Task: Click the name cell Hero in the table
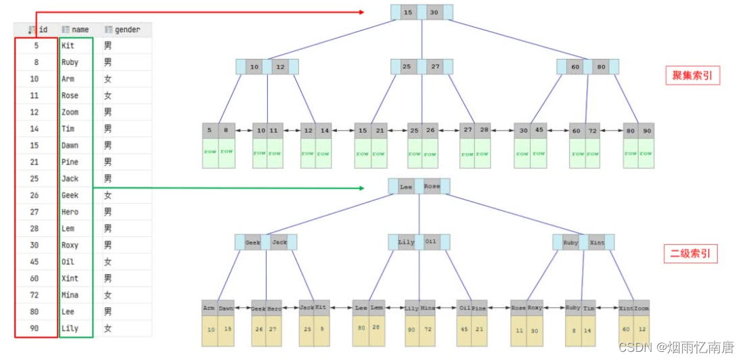pyautogui.click(x=70, y=212)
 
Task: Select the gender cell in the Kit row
pyautogui.click(x=108, y=46)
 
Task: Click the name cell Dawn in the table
pyautogui.click(x=70, y=145)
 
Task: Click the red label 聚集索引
pyautogui.click(x=692, y=75)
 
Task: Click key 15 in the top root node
pyautogui.click(x=408, y=13)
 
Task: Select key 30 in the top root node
pyautogui.click(x=434, y=13)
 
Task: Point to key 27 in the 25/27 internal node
pyautogui.click(x=435, y=67)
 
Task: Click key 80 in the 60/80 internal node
pyautogui.click(x=602, y=67)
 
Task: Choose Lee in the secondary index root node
pyautogui.click(x=406, y=187)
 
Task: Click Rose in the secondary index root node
pyautogui.click(x=432, y=187)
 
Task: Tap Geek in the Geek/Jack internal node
pyautogui.click(x=252, y=242)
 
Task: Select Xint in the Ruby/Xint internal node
pyautogui.click(x=597, y=242)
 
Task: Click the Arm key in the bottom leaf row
pyautogui.click(x=209, y=308)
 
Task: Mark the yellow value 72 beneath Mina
pyautogui.click(x=428, y=330)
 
